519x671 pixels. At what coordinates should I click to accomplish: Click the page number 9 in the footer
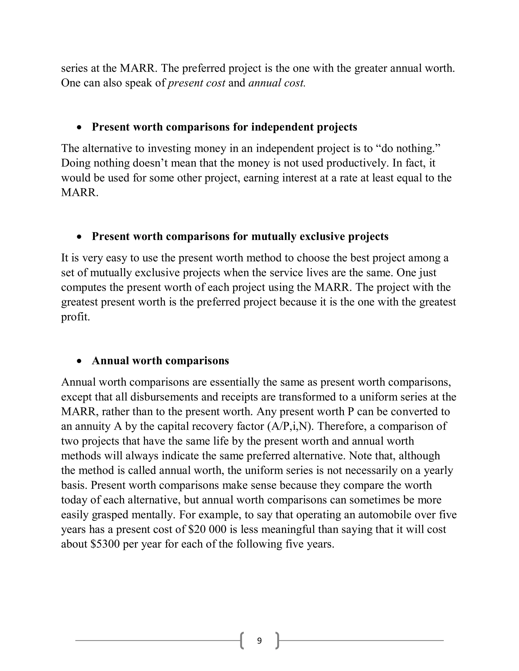click(x=259, y=641)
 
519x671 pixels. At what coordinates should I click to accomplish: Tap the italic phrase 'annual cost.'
click(x=277, y=83)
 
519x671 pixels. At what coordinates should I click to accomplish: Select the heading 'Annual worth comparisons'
click(x=160, y=361)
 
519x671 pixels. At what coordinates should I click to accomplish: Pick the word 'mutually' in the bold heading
click(x=274, y=236)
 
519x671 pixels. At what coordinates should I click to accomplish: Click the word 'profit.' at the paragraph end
click(x=75, y=317)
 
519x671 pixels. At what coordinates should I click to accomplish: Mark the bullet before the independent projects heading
click(x=80, y=128)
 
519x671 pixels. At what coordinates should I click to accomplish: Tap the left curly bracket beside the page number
click(x=242, y=641)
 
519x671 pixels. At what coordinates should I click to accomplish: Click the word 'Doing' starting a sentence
click(x=76, y=163)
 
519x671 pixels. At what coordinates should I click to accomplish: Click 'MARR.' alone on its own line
click(x=80, y=193)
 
